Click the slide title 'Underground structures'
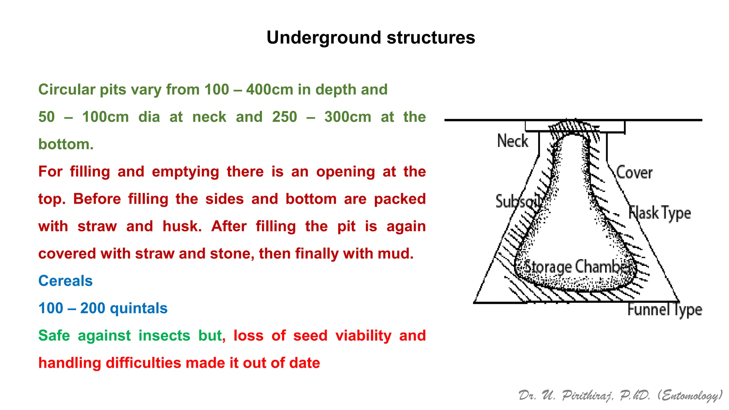[x=371, y=38]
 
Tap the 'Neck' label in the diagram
[x=512, y=141]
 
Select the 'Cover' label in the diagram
[x=634, y=173]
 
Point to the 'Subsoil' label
[x=518, y=202]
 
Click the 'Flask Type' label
[x=659, y=213]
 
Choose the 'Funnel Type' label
[x=664, y=309]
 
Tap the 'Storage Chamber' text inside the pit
[x=577, y=267]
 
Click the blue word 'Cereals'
[x=65, y=281]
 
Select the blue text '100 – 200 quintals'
[x=103, y=308]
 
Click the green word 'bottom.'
[x=66, y=144]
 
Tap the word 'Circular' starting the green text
[x=67, y=90]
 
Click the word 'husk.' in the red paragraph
[x=182, y=226]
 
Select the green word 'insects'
[x=164, y=336]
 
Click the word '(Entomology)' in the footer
[x=690, y=395]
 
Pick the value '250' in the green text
[x=284, y=117]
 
